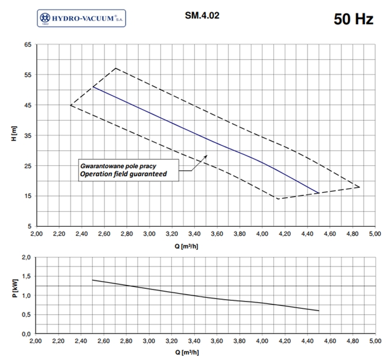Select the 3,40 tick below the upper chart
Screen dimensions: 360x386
(194, 235)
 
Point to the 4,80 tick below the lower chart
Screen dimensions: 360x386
(352, 341)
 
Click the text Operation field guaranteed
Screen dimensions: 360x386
(123, 174)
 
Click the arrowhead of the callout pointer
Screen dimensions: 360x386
(206, 156)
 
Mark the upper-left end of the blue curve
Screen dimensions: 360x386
(93, 87)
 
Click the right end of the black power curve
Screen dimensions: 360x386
(318, 311)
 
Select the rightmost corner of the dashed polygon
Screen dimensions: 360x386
(359, 187)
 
